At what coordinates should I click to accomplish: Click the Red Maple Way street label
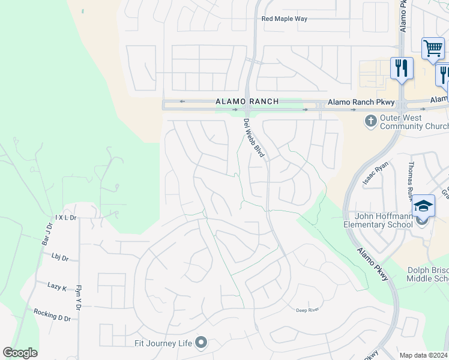(x=285, y=19)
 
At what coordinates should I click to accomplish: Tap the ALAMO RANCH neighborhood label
(x=247, y=102)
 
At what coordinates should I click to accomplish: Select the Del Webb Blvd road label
(x=255, y=138)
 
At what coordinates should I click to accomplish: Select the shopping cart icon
(x=433, y=48)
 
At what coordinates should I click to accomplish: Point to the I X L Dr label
(x=66, y=217)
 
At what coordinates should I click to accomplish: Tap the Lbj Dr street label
(x=60, y=258)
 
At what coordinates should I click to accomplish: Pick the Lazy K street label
(x=57, y=287)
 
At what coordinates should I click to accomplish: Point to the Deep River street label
(x=307, y=310)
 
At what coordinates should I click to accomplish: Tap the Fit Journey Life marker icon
(x=201, y=343)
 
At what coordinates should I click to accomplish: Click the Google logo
(x=20, y=353)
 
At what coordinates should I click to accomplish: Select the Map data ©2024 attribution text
(x=423, y=355)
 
